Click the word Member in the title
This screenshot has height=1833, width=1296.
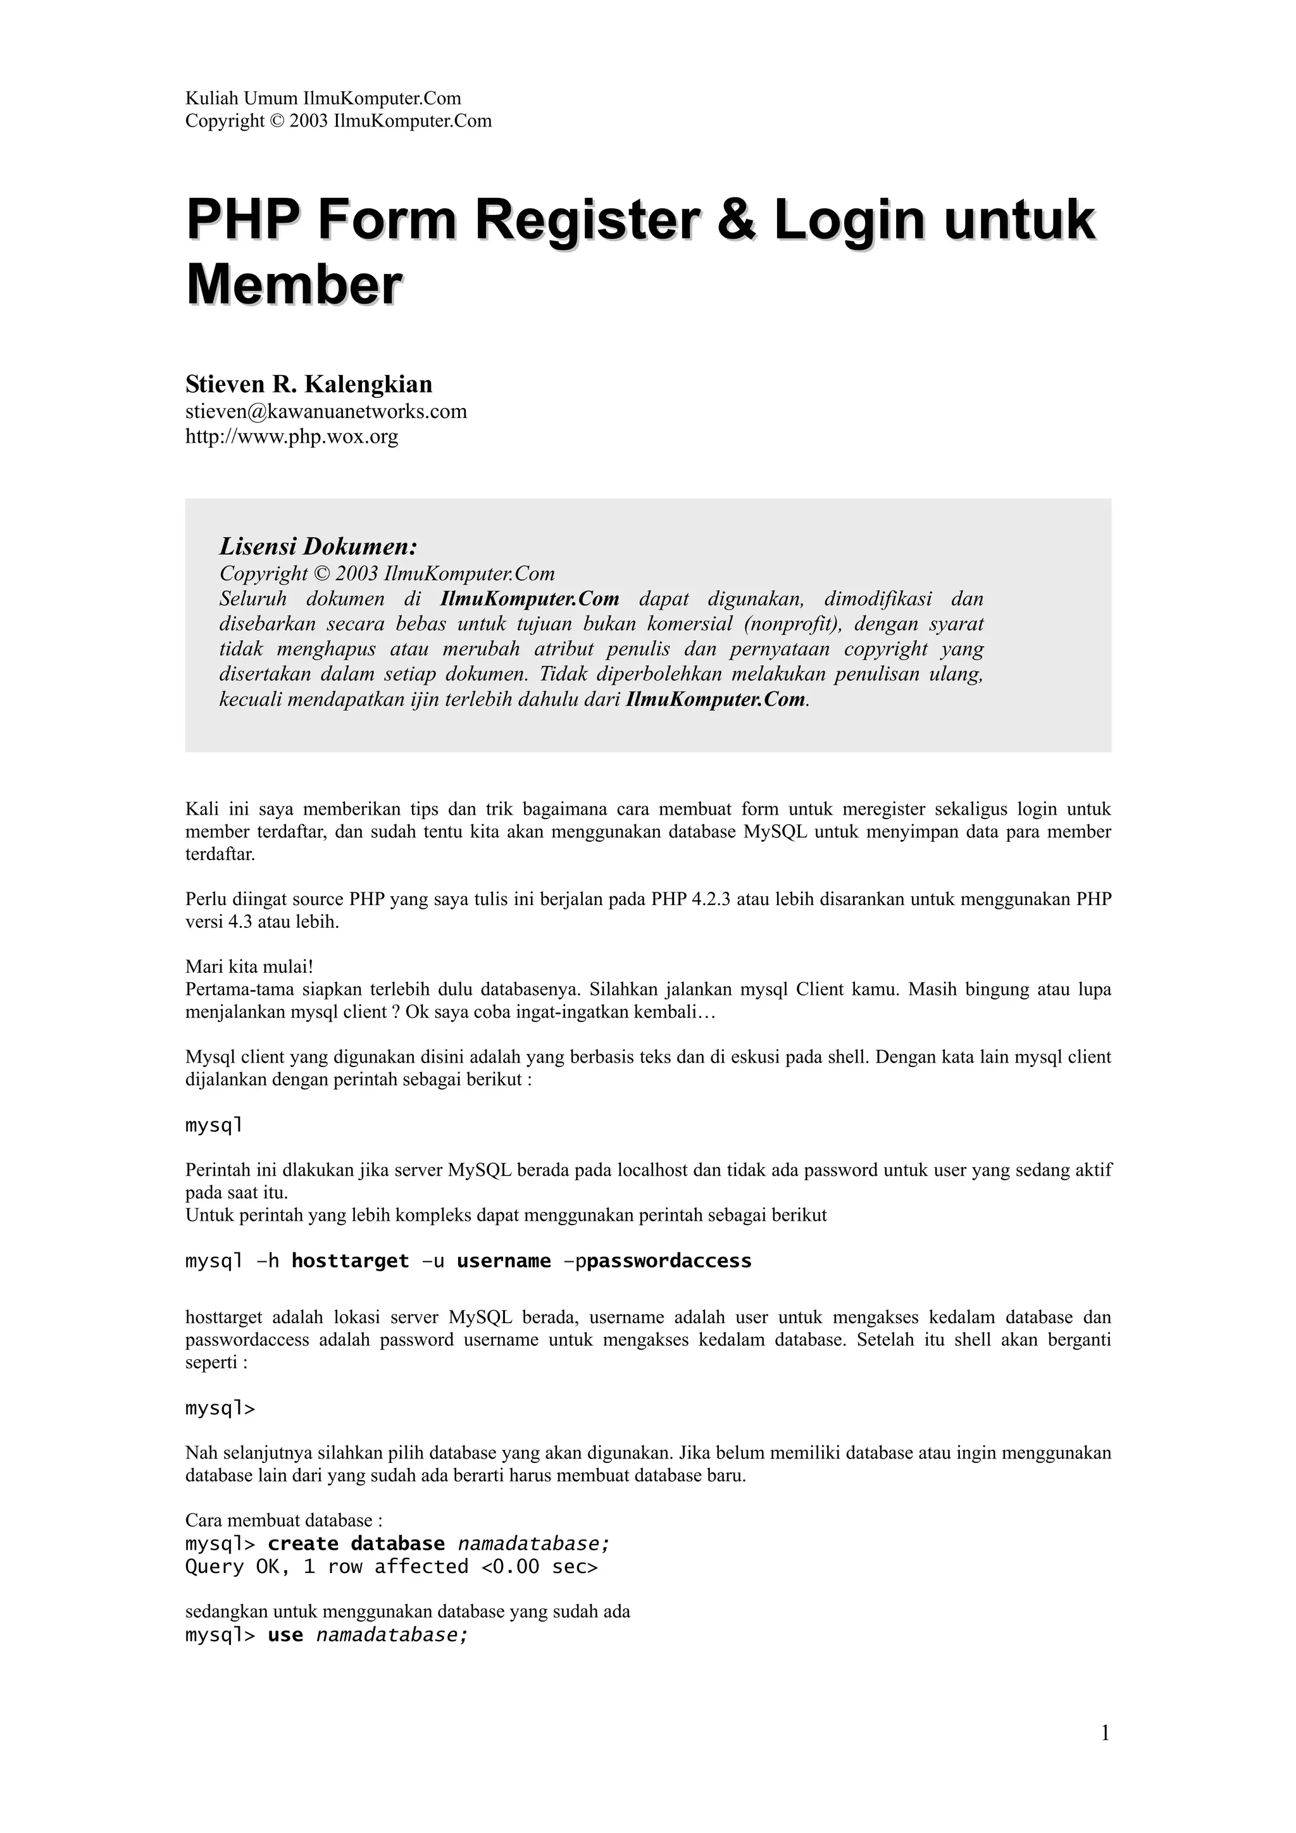point(293,285)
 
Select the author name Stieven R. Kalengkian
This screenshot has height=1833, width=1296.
point(308,384)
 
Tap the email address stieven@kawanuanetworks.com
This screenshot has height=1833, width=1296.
point(326,412)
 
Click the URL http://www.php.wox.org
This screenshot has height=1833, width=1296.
point(292,436)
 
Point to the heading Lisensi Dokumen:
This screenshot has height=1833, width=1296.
point(318,547)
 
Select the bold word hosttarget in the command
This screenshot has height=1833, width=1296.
point(350,1261)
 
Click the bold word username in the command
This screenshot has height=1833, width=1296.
point(503,1261)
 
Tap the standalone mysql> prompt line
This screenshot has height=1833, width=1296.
point(220,1409)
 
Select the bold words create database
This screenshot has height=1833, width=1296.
point(356,1543)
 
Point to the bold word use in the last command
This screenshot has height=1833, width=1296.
point(285,1635)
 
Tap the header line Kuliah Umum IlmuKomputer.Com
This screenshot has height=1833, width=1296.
point(323,98)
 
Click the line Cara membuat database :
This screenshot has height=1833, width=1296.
point(283,1520)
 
